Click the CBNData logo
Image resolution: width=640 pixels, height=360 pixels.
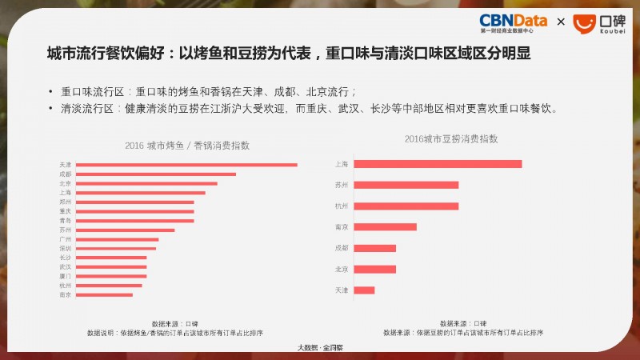pos(513,22)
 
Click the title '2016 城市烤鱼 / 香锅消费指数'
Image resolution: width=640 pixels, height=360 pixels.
pos(187,146)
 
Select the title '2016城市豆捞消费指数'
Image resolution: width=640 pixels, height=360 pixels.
pos(450,138)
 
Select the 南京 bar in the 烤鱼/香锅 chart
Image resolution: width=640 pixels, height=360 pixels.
pos(105,294)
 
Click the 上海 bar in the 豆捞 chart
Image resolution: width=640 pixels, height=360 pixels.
pos(438,164)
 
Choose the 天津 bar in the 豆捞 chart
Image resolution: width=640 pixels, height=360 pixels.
pos(364,290)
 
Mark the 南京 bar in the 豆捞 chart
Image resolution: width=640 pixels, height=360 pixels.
pos(385,227)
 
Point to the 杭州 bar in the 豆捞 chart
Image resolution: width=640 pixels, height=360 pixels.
pos(406,206)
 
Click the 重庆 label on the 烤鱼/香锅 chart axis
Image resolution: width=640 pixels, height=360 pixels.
pos(65,211)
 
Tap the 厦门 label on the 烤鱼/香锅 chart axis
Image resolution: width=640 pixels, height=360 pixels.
pos(65,276)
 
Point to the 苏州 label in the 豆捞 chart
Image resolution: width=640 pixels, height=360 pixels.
pos(342,185)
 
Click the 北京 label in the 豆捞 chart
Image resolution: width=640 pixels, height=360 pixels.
pos(342,269)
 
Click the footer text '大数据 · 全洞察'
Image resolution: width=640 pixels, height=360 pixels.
pos(320,347)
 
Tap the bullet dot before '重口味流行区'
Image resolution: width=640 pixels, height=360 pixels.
pos(50,91)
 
